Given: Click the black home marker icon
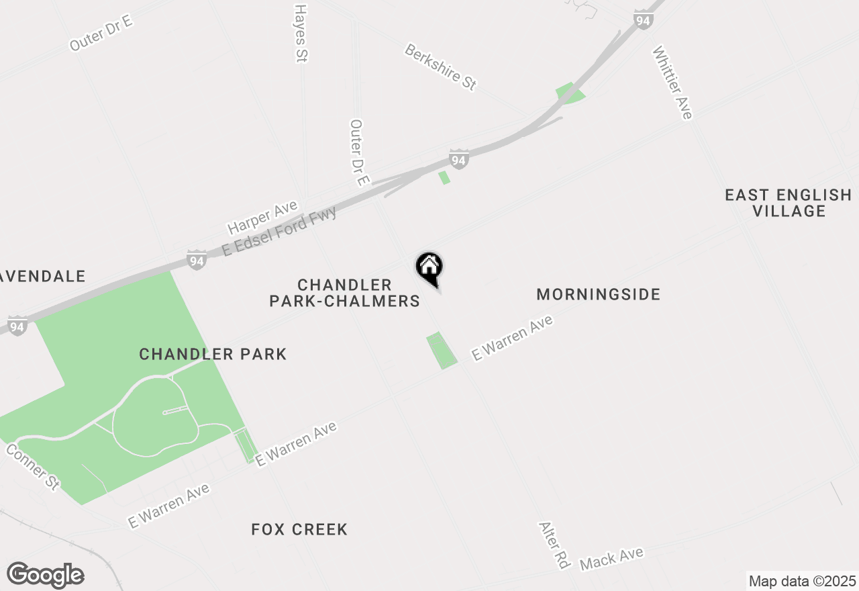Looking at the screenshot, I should point(429,267).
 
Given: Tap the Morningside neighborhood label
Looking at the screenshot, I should point(599,294).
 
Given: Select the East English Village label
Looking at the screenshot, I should point(788,203).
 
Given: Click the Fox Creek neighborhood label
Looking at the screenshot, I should point(299,529).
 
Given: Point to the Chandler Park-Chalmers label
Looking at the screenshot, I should point(345,293).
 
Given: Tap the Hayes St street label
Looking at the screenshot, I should point(300,34).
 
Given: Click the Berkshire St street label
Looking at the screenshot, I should point(440,66).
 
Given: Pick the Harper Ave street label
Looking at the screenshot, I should point(262,217).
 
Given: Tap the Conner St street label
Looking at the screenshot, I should point(33,466).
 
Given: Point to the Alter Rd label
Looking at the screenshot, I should point(554,545).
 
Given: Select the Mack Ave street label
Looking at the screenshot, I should point(611,558).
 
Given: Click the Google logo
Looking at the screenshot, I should point(46,576).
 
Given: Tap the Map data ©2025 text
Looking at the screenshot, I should point(802,581).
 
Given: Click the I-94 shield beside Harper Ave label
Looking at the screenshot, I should point(196,260).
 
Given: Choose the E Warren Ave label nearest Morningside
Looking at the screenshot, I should point(512,338).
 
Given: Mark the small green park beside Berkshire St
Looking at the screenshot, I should point(569,93).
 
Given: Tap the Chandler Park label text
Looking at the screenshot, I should point(213,354).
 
